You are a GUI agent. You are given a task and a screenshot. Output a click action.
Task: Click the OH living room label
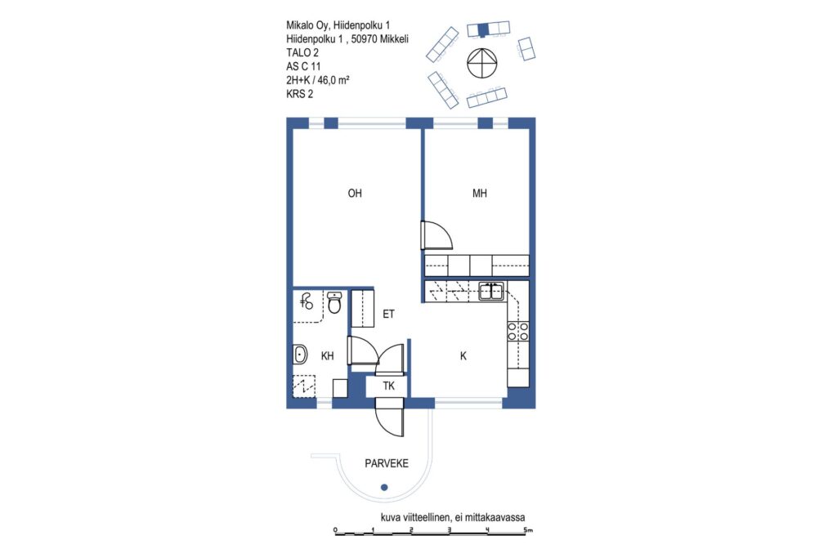[355, 193]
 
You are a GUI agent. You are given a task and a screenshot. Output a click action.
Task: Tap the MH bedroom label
[479, 193]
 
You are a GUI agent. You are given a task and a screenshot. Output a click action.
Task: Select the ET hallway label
[388, 315]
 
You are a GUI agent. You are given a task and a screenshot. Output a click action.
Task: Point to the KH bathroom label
[327, 356]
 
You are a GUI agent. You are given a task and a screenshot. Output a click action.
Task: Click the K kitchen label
[463, 356]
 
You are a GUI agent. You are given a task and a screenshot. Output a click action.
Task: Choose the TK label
[388, 386]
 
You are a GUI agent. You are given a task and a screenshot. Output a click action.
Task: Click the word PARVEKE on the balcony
[387, 463]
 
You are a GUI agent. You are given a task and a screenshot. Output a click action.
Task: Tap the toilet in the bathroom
[334, 302]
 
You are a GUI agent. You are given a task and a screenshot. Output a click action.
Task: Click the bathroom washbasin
[300, 354]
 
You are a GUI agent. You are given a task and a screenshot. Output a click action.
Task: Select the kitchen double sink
[491, 292]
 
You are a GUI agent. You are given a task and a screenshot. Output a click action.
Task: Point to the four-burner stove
[517, 331]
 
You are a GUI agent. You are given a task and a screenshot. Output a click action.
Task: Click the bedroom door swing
[436, 235]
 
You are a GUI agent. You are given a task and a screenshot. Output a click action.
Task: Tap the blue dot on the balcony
[384, 487]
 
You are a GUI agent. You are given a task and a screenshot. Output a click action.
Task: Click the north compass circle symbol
[482, 63]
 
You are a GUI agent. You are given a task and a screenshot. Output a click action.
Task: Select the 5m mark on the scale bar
[527, 529]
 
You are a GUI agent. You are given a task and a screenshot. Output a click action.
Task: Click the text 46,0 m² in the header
[333, 80]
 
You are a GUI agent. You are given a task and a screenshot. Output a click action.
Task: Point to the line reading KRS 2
[299, 94]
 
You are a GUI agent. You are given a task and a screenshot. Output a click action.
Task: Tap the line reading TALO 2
[302, 52]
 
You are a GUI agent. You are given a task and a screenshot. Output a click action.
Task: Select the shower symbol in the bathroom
[307, 302]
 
